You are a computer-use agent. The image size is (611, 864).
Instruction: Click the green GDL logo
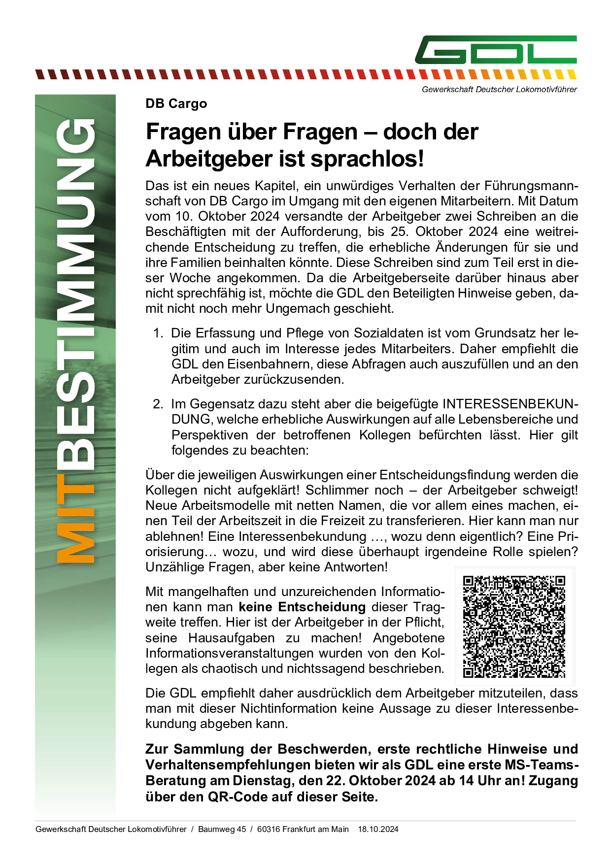pyautogui.click(x=495, y=50)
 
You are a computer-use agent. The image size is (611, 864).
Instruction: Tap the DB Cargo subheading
pyautogui.click(x=176, y=104)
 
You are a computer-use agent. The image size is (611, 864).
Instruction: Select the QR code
pyautogui.click(x=514, y=627)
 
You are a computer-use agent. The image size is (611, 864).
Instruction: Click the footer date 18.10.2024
pyautogui.click(x=378, y=829)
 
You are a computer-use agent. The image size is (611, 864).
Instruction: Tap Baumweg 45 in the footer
pyautogui.click(x=222, y=829)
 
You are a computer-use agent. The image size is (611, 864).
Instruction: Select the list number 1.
pyautogui.click(x=158, y=333)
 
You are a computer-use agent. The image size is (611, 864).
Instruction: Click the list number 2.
pyautogui.click(x=158, y=404)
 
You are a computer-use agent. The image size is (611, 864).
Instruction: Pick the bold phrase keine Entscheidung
pyautogui.click(x=302, y=607)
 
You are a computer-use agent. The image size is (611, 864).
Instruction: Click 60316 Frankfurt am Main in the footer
pyautogui.click(x=303, y=829)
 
